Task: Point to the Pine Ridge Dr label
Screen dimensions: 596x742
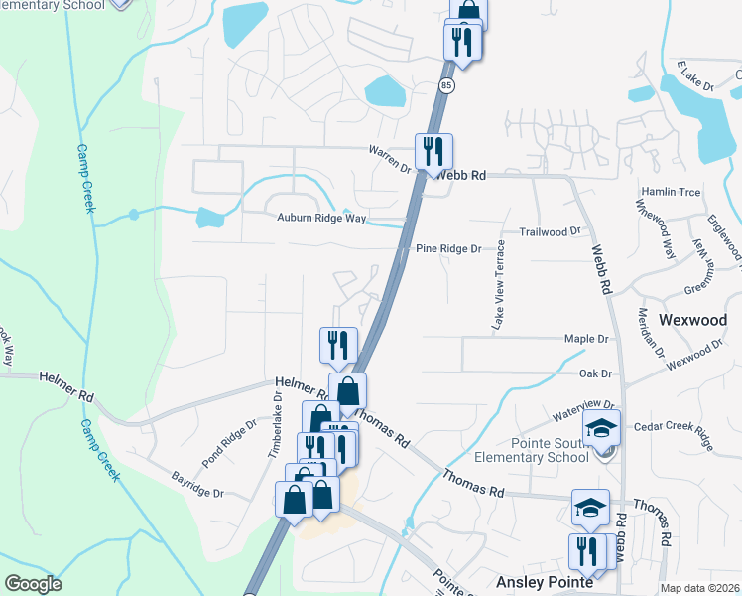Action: point(447,248)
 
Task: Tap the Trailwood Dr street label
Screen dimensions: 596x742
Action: point(551,231)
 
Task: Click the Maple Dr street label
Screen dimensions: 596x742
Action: point(585,339)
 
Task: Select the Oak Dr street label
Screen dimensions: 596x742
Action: point(595,373)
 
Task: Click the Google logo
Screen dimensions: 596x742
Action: point(33,584)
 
